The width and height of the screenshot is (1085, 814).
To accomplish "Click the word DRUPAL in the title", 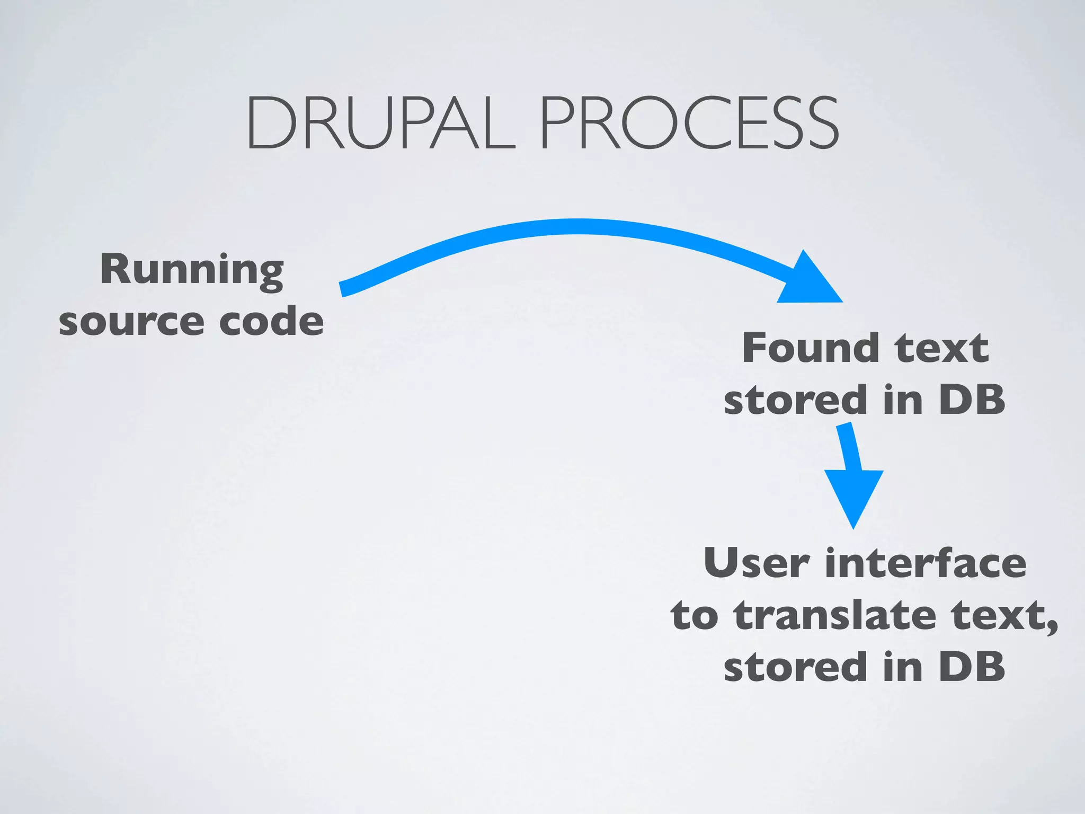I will [380, 123].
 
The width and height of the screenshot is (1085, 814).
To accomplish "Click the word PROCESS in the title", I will [689, 123].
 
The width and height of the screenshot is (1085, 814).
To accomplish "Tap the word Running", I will [192, 270].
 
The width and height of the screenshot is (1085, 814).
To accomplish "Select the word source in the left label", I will [131, 322].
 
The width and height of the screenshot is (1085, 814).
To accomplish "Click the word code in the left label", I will [271, 321].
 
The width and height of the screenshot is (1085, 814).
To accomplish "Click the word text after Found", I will [941, 349].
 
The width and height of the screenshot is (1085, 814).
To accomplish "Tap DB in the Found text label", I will [972, 400].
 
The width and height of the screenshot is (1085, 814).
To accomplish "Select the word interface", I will [926, 563].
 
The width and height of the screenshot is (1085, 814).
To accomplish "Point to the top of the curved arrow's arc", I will [575, 226].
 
